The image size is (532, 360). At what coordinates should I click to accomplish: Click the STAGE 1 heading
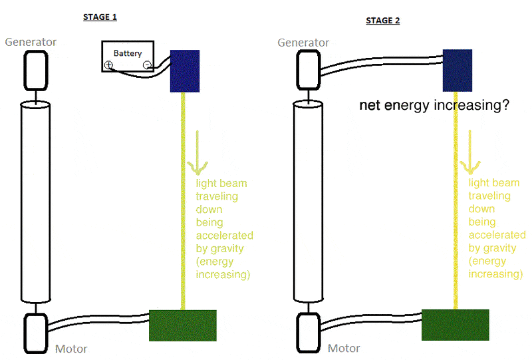[x=100, y=17]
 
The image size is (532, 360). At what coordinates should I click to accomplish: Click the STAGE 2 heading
[x=383, y=21]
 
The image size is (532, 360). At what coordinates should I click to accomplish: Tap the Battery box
[x=128, y=53]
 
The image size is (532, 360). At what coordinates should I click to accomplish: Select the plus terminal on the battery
[x=108, y=65]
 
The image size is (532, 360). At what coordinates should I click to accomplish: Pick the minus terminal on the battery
[x=146, y=65]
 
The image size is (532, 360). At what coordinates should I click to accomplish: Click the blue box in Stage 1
[x=185, y=71]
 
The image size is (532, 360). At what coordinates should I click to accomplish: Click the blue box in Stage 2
[x=458, y=70]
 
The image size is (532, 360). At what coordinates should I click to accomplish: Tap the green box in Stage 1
[x=182, y=325]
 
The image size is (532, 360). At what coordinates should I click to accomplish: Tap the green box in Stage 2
[x=456, y=325]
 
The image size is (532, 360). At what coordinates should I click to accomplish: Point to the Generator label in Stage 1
[x=31, y=42]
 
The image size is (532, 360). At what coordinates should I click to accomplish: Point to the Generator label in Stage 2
[x=303, y=43]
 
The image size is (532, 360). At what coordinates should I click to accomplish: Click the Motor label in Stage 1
[x=70, y=349]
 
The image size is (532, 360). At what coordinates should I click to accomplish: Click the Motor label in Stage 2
[x=344, y=348]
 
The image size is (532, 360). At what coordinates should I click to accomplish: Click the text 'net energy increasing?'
[x=434, y=105]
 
